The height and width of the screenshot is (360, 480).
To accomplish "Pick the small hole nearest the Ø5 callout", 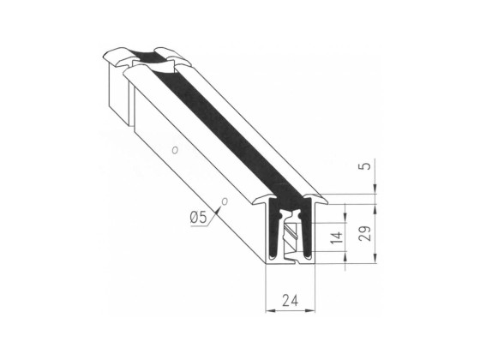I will (x=225, y=202).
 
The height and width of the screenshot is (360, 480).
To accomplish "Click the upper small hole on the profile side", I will (x=175, y=149).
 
